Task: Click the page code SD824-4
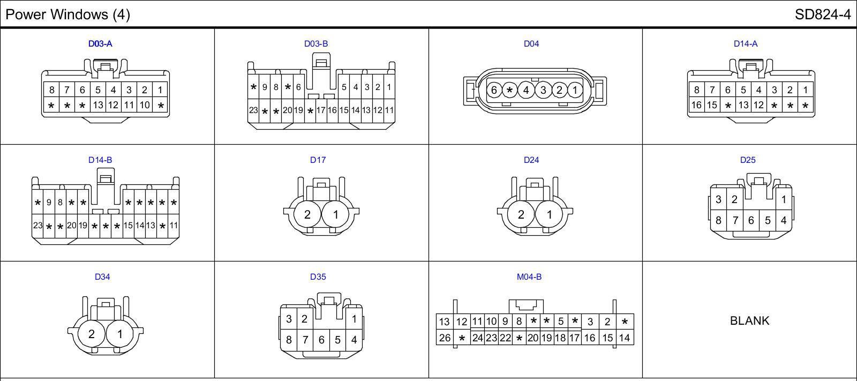click(x=822, y=14)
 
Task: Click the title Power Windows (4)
click(x=67, y=14)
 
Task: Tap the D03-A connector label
click(x=100, y=44)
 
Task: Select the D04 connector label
click(x=531, y=44)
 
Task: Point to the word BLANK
click(x=749, y=320)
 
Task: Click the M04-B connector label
click(x=529, y=277)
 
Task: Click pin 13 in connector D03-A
click(x=97, y=105)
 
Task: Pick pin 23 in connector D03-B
click(x=253, y=110)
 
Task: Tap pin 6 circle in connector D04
click(x=494, y=90)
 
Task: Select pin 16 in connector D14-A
click(x=696, y=105)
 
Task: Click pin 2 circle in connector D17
click(x=307, y=214)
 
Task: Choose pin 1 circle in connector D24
click(x=550, y=214)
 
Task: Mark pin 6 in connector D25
click(x=751, y=220)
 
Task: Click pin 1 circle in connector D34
click(x=120, y=334)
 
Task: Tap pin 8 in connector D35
click(x=289, y=339)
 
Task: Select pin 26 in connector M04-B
click(x=445, y=338)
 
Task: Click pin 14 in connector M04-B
click(x=625, y=338)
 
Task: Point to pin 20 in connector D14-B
click(x=71, y=226)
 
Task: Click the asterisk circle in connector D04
click(x=510, y=90)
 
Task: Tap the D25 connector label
click(x=747, y=160)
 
